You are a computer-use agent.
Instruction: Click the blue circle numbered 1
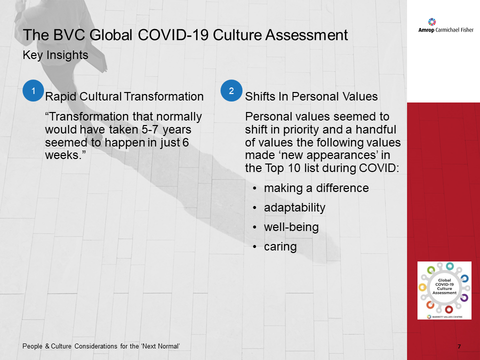pyautogui.click(x=33, y=90)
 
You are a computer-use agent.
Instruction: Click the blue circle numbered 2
pyautogui.click(x=231, y=90)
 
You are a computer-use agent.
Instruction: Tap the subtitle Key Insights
pyautogui.click(x=55, y=55)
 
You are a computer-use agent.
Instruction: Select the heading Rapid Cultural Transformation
pyautogui.click(x=124, y=96)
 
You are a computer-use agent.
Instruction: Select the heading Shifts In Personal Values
pyautogui.click(x=311, y=96)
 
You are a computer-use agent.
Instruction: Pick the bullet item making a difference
pyautogui.click(x=316, y=188)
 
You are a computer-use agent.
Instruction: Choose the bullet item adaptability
pyautogui.click(x=294, y=207)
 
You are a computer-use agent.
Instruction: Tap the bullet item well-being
pyautogui.click(x=291, y=227)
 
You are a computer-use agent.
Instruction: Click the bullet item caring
pyautogui.click(x=280, y=246)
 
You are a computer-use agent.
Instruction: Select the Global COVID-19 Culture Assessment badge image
pyautogui.click(x=444, y=290)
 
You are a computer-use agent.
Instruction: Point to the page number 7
pyautogui.click(x=459, y=346)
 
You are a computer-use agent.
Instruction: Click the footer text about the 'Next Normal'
pyautogui.click(x=101, y=346)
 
